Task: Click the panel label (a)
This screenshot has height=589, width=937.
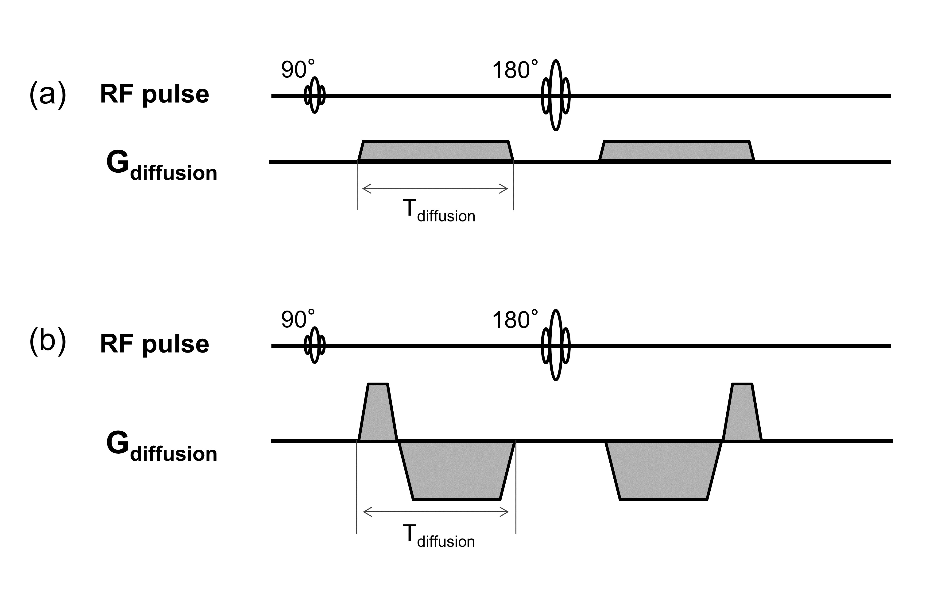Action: (47, 95)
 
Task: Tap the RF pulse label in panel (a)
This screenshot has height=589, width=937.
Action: (155, 95)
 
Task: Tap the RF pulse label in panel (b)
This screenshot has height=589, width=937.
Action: (155, 344)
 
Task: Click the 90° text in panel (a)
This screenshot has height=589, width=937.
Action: (298, 70)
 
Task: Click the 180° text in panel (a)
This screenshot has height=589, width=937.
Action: (515, 70)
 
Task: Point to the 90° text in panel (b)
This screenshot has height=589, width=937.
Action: (298, 319)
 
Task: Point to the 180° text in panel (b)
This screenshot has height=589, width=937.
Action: (515, 319)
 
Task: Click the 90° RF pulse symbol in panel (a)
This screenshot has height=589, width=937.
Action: (315, 95)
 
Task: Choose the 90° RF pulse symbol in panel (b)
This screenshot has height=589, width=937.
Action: (315, 345)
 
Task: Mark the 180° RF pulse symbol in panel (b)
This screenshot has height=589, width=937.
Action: (556, 345)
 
